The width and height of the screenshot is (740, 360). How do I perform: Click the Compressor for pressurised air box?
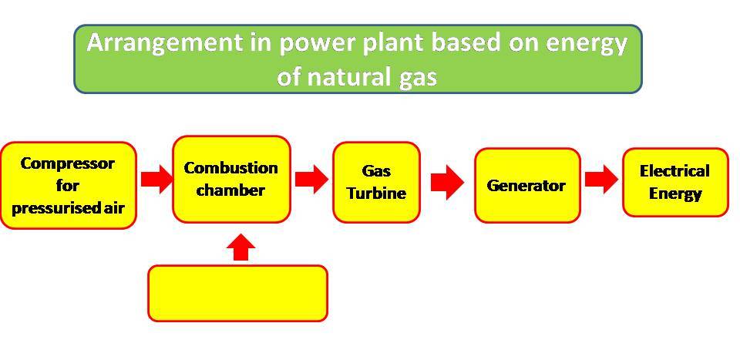coord(68,185)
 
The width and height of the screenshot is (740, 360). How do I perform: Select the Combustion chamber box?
coord(231,179)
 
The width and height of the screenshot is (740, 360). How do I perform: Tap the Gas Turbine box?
coord(376,182)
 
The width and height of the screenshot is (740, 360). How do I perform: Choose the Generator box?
coord(526,185)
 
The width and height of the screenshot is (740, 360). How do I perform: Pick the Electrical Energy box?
coord(674,182)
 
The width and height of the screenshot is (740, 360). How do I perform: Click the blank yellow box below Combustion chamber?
coord(237,292)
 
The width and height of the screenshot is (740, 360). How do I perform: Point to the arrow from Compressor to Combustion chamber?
coord(156,180)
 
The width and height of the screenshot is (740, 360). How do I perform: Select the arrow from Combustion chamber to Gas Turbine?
coord(311,180)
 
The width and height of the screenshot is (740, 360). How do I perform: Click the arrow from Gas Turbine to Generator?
coord(446,182)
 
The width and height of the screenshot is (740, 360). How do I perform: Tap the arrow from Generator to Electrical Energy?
coord(600,180)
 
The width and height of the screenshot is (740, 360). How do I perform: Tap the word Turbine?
coord(376,193)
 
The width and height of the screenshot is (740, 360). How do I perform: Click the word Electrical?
coord(674,171)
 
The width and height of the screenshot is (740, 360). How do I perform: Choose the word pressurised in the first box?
coord(50,208)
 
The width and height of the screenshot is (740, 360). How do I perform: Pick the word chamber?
coord(230,190)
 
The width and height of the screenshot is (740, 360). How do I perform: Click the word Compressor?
coord(68,163)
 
